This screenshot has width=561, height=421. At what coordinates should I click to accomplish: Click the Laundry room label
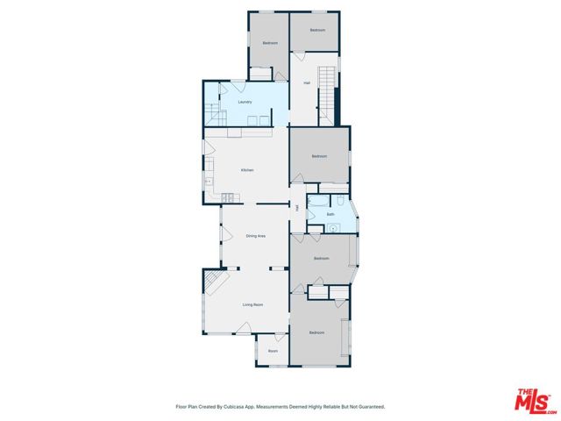click(x=245, y=102)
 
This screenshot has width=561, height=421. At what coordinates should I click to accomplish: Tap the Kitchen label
click(x=247, y=170)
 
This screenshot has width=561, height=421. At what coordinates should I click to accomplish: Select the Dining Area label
click(x=255, y=236)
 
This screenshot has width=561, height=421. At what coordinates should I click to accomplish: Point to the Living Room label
click(x=252, y=304)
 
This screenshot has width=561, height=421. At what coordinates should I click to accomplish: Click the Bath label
click(x=330, y=214)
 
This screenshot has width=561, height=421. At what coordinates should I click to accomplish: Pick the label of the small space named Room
click(x=273, y=351)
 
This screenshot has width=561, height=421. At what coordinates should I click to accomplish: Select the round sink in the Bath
click(x=333, y=228)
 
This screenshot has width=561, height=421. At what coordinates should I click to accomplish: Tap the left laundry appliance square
click(x=250, y=120)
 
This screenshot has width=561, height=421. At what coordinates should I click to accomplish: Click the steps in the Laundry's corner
click(x=214, y=112)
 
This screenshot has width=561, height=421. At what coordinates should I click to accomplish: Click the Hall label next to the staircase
click(x=308, y=83)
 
